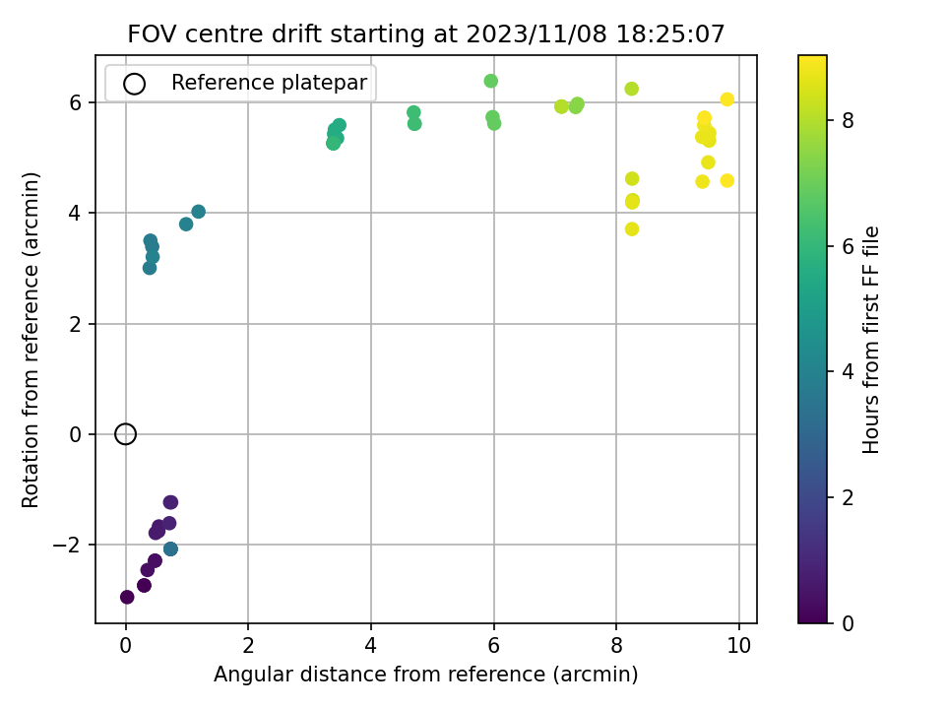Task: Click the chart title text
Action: point(426,34)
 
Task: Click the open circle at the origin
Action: point(125,434)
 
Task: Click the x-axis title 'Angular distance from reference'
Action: point(425,675)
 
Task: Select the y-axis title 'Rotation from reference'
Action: point(31,340)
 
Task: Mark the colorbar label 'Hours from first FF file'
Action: point(871,340)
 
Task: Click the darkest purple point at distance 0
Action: point(127,597)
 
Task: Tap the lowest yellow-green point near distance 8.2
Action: point(632,229)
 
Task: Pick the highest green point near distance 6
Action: point(491,81)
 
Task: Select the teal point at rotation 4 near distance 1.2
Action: point(199,212)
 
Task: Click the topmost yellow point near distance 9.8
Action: point(727,99)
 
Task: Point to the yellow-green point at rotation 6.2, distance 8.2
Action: point(632,89)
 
